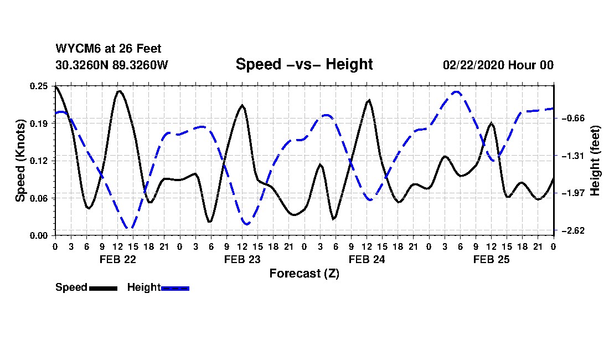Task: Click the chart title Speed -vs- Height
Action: coord(304,64)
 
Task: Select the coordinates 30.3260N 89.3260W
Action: coord(111,65)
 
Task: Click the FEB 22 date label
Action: coord(117,259)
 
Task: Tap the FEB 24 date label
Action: coord(367,259)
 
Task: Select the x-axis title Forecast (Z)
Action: coord(304,274)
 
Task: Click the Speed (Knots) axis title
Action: coord(20,161)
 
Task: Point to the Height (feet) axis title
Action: coord(595,161)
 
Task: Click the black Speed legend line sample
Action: coord(102,288)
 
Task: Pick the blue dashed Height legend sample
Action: coord(175,288)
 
